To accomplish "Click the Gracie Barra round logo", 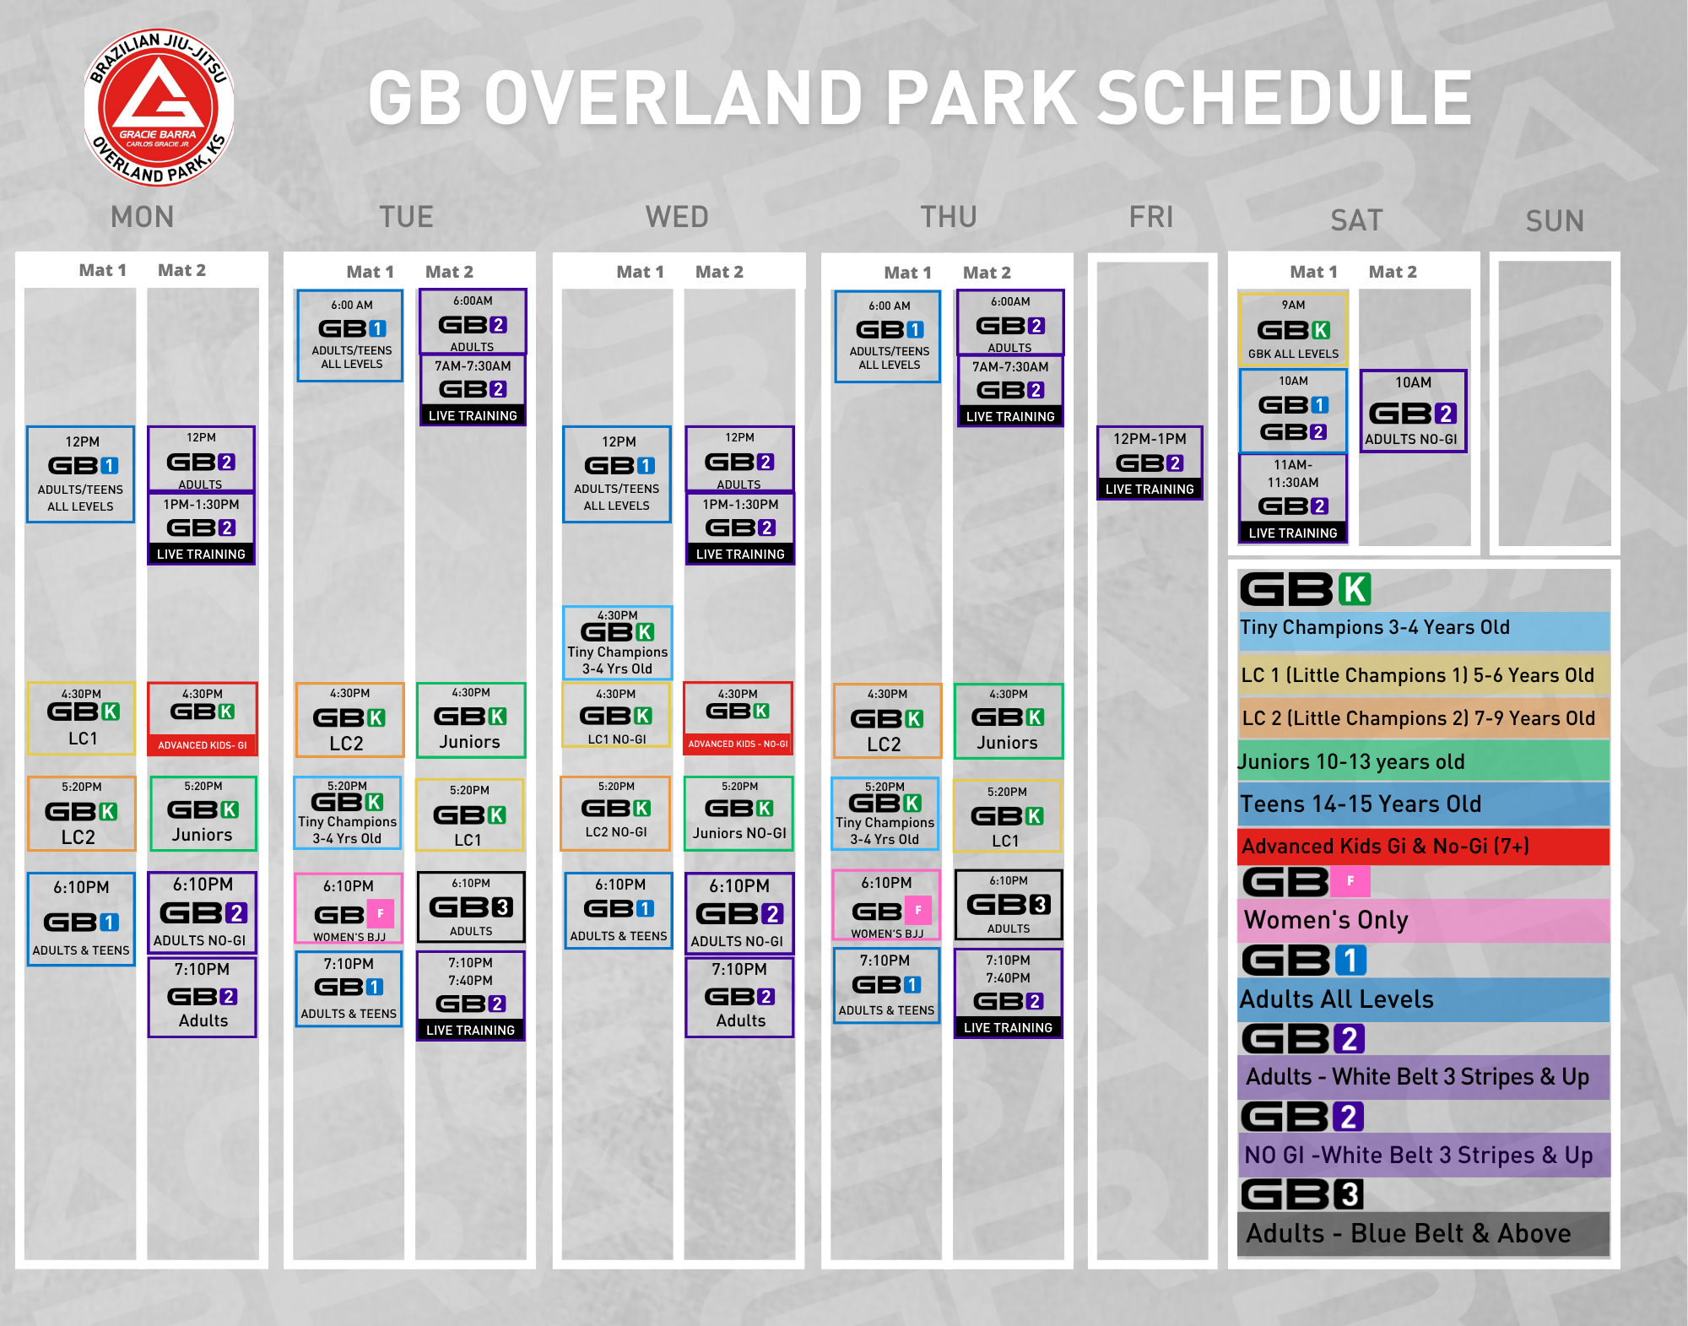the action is pos(159,107).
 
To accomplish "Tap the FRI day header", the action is pos(1151,217).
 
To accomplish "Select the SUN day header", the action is pos(1555,221).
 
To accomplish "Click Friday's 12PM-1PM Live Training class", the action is pos(1150,463).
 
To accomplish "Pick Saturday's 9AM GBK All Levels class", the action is pos(1293,329).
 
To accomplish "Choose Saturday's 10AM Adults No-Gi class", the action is pos(1413,411).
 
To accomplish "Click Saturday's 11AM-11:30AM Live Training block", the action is pos(1293,498).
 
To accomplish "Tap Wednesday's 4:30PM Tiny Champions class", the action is pos(617,642).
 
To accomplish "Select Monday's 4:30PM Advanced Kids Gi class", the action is pos(203,719).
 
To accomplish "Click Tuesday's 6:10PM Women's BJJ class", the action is pos(349,908).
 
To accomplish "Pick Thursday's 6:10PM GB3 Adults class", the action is pos(1009,905).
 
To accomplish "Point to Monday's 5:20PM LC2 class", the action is pos(81,814).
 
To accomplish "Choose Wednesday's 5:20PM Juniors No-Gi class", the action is pos(739,813).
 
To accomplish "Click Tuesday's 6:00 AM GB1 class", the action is pos(351,336).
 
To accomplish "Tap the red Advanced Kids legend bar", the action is pos(1424,847).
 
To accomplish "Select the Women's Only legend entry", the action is pos(1424,920).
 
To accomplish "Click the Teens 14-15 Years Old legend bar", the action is pos(1424,804).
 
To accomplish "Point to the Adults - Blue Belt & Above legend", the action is pos(1424,1234).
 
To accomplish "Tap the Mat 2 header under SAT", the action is pos(1393,272).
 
